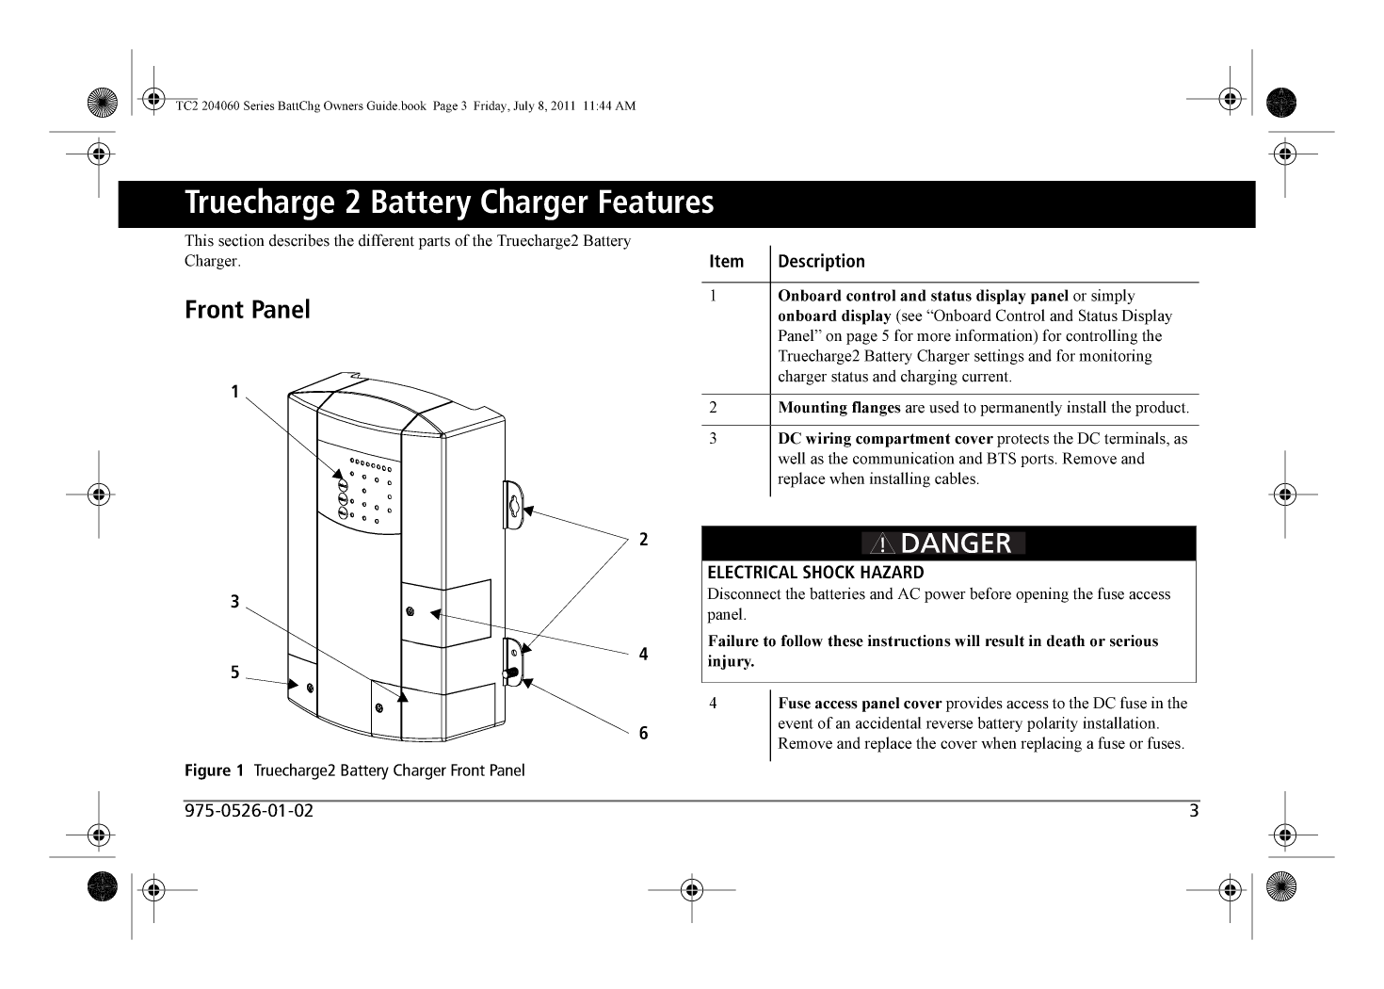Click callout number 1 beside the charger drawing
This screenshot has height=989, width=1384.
point(235,391)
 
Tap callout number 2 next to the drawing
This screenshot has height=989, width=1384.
point(643,540)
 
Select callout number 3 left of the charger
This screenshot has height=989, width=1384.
point(235,602)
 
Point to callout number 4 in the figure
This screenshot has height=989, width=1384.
point(643,654)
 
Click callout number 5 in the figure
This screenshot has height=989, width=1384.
point(235,673)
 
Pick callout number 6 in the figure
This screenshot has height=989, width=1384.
point(643,733)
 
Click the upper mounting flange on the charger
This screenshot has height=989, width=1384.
point(513,505)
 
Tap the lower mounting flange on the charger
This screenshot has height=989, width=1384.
point(513,661)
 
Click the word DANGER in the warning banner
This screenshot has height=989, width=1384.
point(956,543)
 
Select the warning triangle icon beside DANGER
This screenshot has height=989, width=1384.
point(881,544)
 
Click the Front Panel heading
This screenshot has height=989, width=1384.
point(248,310)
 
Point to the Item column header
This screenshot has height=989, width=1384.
point(726,262)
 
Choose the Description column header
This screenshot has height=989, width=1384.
point(821,262)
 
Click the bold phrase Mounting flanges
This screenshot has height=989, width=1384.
point(839,408)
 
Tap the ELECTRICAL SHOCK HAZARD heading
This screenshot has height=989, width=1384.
point(815,573)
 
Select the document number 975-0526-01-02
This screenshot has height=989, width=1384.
point(249,811)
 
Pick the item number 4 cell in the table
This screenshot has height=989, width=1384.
point(714,704)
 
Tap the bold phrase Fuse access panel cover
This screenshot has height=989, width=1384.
point(860,704)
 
